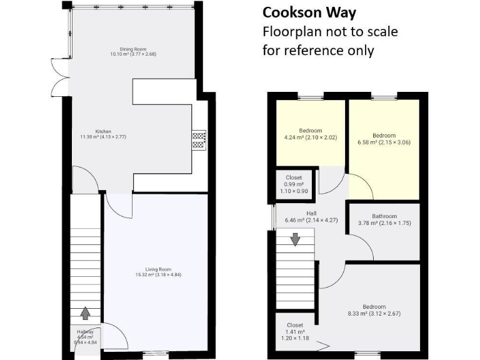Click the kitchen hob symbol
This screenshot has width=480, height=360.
(199, 139)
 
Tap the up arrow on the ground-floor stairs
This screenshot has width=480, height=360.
(85, 312)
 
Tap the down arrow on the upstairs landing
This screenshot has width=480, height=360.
(294, 238)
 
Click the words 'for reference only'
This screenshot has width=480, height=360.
(318, 51)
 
